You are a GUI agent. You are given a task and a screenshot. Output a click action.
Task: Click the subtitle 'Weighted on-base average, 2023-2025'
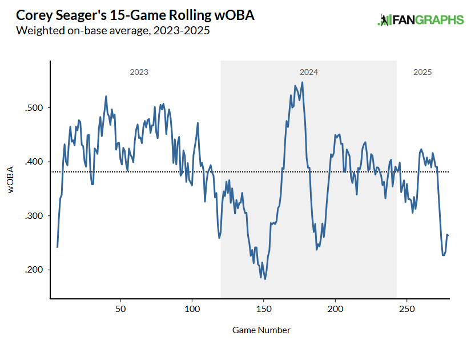tap(114, 31)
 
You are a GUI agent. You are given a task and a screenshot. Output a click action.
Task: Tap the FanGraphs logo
tap(421, 20)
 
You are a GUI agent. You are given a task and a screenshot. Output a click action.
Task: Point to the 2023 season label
tap(139, 73)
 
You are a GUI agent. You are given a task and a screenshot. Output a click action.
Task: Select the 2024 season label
tap(309, 73)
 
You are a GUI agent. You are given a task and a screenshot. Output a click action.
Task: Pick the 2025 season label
tap(422, 73)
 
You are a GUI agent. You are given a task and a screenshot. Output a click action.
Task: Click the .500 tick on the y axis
tap(35, 108)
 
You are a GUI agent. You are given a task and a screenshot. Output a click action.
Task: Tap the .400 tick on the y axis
tap(35, 162)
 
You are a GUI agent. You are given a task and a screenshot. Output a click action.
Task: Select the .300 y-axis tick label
tap(35, 216)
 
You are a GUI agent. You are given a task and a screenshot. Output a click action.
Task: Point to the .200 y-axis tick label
tap(35, 270)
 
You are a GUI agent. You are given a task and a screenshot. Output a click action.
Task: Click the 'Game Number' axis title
tap(261, 330)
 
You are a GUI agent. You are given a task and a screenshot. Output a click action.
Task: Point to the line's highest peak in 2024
tap(302, 82)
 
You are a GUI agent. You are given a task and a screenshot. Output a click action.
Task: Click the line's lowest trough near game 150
tap(265, 279)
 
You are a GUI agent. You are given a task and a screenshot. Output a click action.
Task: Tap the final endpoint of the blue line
tap(448, 235)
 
